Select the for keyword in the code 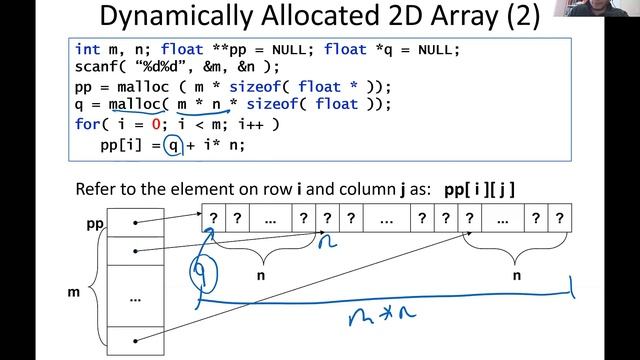[88, 124]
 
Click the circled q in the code [176, 144]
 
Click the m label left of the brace [72, 292]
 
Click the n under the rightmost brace [516, 273]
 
